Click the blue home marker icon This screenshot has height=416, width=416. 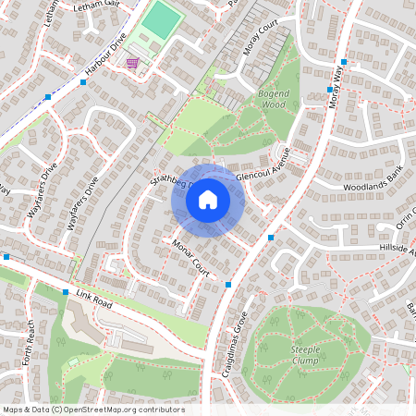[208, 200]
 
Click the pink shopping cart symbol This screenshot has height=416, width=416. [133, 63]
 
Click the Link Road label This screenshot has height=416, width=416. [94, 299]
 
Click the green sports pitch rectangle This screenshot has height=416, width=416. [162, 19]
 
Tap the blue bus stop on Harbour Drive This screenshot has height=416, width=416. [83, 82]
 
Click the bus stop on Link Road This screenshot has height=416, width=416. [66, 292]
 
